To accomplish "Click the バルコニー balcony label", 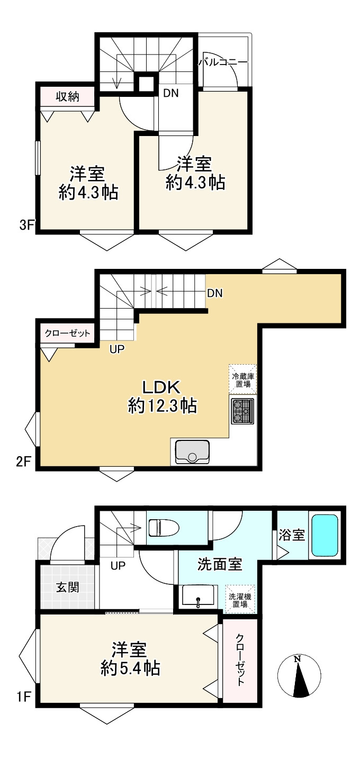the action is [x=223, y=62].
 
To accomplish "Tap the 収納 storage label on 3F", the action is [x=67, y=97].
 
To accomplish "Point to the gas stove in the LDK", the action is [x=242, y=411].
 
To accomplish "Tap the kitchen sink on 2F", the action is [x=192, y=451].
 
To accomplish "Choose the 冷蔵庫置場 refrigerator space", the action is [x=242, y=380].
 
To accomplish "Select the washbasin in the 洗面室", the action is [x=198, y=598].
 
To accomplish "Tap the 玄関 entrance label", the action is [x=67, y=587].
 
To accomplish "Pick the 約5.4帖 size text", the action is [x=130, y=668].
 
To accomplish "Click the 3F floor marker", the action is [x=26, y=225].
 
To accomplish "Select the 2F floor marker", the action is [x=24, y=462].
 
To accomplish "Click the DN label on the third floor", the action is [x=171, y=93].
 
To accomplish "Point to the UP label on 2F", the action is [x=118, y=349].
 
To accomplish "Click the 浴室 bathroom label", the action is [x=292, y=535].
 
